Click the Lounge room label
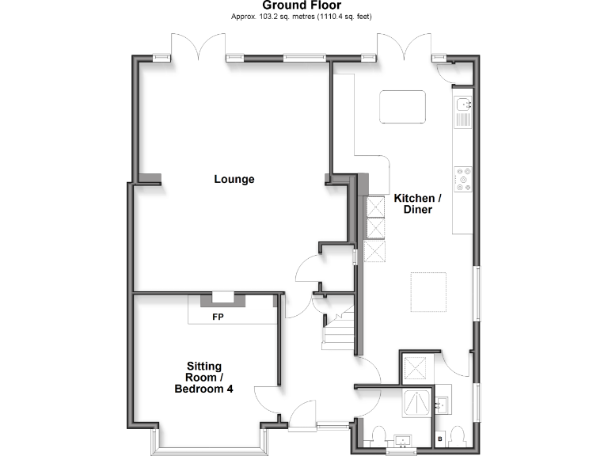tap(234, 179)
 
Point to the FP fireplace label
tap(218, 317)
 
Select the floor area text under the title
tap(302, 17)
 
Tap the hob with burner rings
tap(462, 180)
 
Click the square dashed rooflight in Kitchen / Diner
tap(428, 291)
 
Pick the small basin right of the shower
tap(442, 405)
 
